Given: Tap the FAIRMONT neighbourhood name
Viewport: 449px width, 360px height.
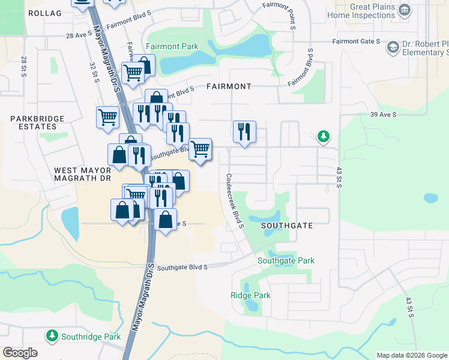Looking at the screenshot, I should tap(229, 86).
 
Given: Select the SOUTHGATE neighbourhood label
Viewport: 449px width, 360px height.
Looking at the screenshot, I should tap(287, 226).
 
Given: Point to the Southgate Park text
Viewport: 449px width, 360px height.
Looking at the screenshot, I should tap(286, 261).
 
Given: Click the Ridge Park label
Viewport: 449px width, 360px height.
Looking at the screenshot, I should tap(250, 295).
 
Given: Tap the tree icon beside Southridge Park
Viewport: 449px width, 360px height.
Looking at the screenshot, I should tap(52, 336).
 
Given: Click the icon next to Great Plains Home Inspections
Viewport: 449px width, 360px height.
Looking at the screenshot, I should tap(405, 10).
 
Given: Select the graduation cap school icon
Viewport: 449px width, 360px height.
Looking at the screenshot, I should tap(393, 47).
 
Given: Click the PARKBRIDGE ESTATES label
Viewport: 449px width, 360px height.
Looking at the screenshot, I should tap(37, 123).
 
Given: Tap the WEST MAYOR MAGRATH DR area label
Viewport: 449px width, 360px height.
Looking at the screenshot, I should tap(82, 174).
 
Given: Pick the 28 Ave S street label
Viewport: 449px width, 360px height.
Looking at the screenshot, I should tap(77, 36).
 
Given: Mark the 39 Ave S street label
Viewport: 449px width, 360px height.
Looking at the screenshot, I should tap(384, 114).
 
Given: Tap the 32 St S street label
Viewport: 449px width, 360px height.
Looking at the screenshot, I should tap(94, 72).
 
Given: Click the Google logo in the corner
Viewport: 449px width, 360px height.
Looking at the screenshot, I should tap(20, 353).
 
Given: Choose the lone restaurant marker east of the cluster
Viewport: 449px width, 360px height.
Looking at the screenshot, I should tap(244, 131).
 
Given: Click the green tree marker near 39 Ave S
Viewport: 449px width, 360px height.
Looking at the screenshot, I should tap(324, 137).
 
